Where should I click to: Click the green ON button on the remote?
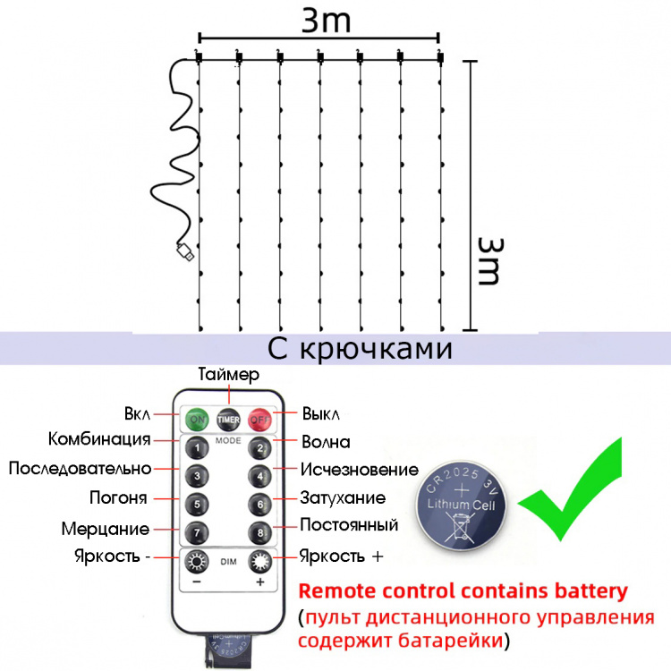(x=195, y=418)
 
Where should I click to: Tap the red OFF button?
(x=260, y=418)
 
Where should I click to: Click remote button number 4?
(x=259, y=475)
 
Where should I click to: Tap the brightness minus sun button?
(x=195, y=563)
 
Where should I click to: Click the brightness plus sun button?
(x=260, y=563)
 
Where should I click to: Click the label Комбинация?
(x=98, y=439)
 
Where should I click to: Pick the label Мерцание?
(x=106, y=529)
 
